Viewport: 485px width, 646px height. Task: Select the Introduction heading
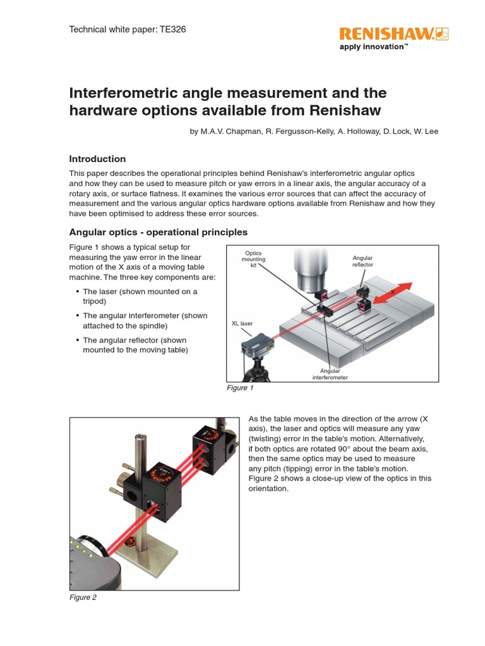[97, 159]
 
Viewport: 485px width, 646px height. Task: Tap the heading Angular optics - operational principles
[158, 232]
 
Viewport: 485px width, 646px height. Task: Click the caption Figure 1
[240, 388]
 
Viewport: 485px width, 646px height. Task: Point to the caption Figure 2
[83, 597]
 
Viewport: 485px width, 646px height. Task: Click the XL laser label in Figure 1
[242, 323]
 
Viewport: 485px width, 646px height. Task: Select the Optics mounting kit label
[253, 259]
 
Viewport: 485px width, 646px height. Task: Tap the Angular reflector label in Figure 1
[362, 261]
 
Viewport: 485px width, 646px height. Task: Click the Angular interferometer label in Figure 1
[330, 374]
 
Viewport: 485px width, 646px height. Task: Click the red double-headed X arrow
[392, 293]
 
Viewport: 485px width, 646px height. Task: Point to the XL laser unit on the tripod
[258, 346]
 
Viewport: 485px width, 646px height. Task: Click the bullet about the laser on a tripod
[140, 296]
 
